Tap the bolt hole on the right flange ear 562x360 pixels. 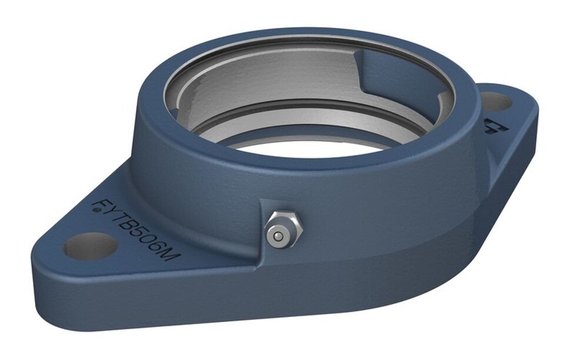tap(496, 102)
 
